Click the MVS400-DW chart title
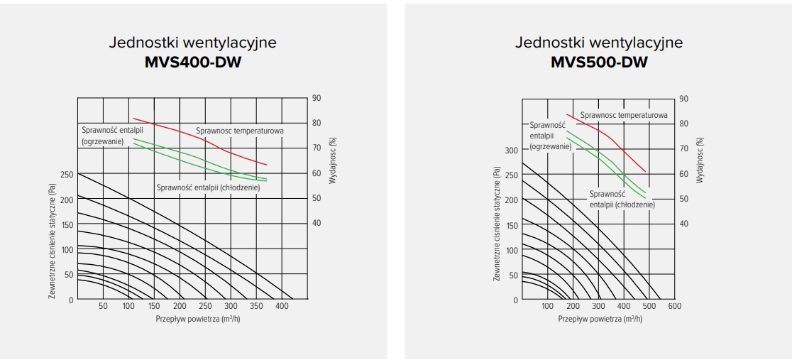192,62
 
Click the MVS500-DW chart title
599,62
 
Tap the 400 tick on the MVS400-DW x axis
282,307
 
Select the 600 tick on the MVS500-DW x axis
674,307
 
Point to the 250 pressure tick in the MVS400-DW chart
65,175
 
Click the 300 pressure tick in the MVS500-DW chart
510,150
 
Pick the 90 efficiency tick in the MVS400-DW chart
317,98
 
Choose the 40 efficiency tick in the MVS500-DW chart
684,224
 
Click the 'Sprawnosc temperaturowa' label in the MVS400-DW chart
240,131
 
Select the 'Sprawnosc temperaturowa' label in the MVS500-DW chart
623,114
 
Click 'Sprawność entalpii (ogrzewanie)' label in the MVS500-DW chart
551,135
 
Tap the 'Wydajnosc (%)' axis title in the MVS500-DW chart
700,160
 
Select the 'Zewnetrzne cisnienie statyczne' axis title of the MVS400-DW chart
52,241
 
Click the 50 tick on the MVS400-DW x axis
103,307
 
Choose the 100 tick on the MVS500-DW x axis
547,307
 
